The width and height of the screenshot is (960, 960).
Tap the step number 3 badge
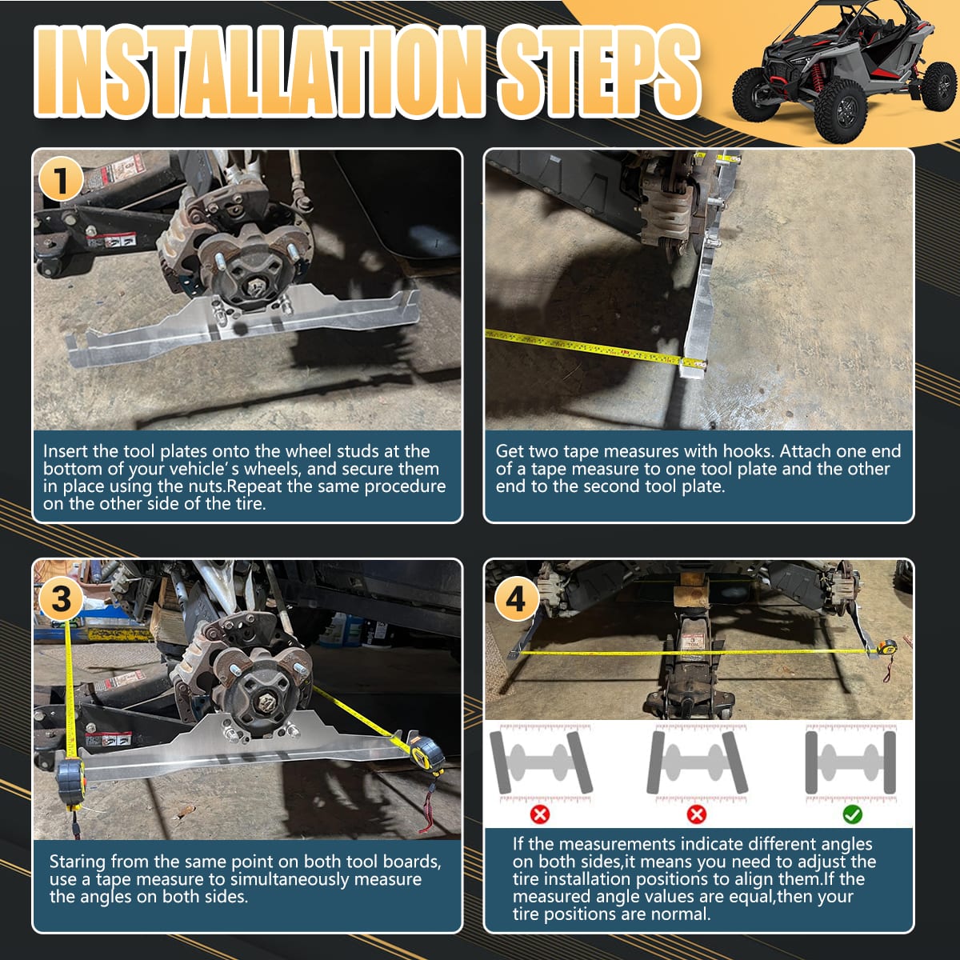[x=61, y=598]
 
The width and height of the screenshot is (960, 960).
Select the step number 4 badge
[x=517, y=598]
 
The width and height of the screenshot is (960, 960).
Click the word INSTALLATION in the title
[x=259, y=71]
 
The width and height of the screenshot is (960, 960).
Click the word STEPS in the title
[x=598, y=71]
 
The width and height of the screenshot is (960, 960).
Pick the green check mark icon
[x=852, y=814]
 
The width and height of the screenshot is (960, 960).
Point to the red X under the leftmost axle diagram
[x=540, y=814]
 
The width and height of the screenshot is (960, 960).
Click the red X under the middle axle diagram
[x=697, y=814]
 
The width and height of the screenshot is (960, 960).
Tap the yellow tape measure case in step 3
[x=427, y=752]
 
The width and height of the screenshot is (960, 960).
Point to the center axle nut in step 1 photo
[x=257, y=288]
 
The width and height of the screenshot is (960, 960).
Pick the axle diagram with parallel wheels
[x=850, y=762]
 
